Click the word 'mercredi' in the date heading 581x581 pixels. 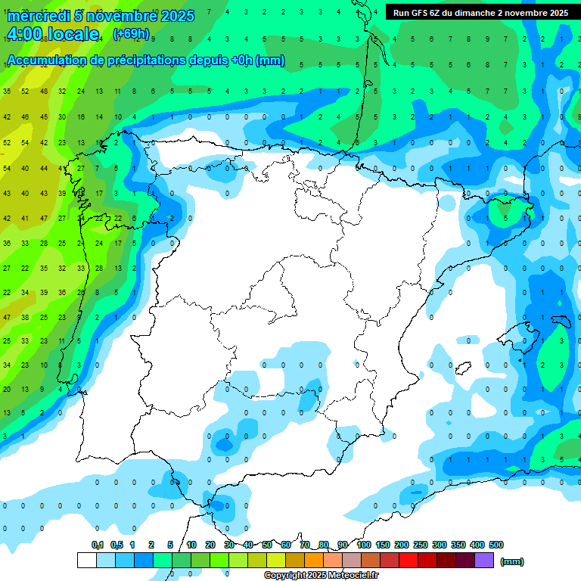click(x=39, y=15)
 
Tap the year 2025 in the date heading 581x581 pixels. click(x=176, y=15)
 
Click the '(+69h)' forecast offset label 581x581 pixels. click(x=131, y=34)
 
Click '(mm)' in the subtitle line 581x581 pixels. click(x=271, y=61)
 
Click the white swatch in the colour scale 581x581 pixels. click(x=87, y=561)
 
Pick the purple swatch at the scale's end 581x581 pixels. click(x=484, y=561)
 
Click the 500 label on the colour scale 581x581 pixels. click(x=496, y=545)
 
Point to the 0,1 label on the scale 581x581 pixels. click(x=98, y=545)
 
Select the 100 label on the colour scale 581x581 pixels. click(x=363, y=545)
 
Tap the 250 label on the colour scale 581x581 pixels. click(x=421, y=545)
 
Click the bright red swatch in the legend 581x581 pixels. click(x=409, y=561)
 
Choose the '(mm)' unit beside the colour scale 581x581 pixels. click(x=512, y=561)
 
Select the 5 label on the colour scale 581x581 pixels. click(x=171, y=545)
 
